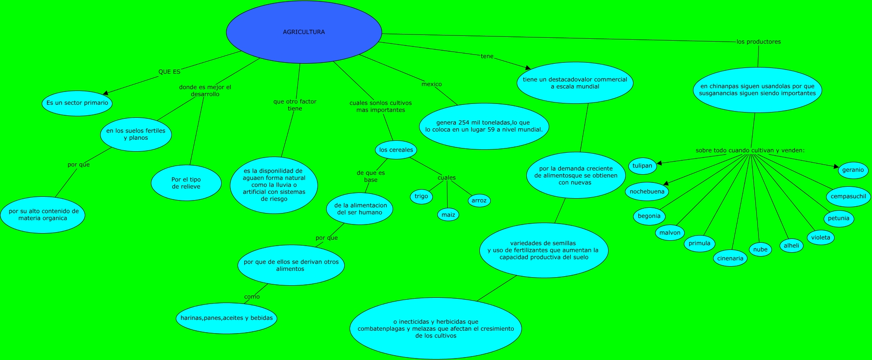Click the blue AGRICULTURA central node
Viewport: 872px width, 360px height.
coord(304,32)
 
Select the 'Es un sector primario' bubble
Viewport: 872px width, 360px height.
coord(77,103)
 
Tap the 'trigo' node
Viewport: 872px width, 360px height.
coord(421,196)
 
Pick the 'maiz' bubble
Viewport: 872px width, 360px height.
coord(448,214)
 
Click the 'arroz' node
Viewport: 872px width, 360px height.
coord(479,201)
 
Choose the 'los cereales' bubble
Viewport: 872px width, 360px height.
coord(396,150)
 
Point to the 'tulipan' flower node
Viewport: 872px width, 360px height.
coord(642,166)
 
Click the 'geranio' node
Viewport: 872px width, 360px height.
coord(853,170)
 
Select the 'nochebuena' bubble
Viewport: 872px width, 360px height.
coord(647,191)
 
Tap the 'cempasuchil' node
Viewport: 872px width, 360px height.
coord(848,196)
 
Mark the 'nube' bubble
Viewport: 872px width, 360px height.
coord(760,249)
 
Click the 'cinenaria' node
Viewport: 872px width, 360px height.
coord(730,259)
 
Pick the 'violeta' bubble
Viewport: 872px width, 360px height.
coord(820,237)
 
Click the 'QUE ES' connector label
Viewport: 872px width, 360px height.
coord(170,72)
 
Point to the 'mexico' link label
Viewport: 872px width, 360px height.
coord(431,84)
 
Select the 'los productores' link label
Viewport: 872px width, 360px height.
coord(759,42)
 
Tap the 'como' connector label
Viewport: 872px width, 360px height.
coord(252,297)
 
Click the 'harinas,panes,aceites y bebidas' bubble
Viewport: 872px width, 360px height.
coord(226,318)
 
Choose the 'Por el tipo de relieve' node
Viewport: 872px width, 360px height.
coord(186,183)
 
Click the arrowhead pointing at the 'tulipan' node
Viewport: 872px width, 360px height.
coord(659,163)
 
